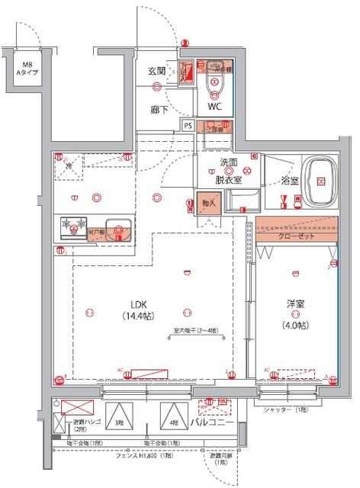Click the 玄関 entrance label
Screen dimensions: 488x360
[x=157, y=71]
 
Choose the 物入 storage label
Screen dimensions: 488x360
[x=207, y=203]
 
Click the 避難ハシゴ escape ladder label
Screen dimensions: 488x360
[x=80, y=422]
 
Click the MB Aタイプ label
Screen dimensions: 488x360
[x=27, y=67]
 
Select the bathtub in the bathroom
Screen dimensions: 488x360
[x=321, y=181]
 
